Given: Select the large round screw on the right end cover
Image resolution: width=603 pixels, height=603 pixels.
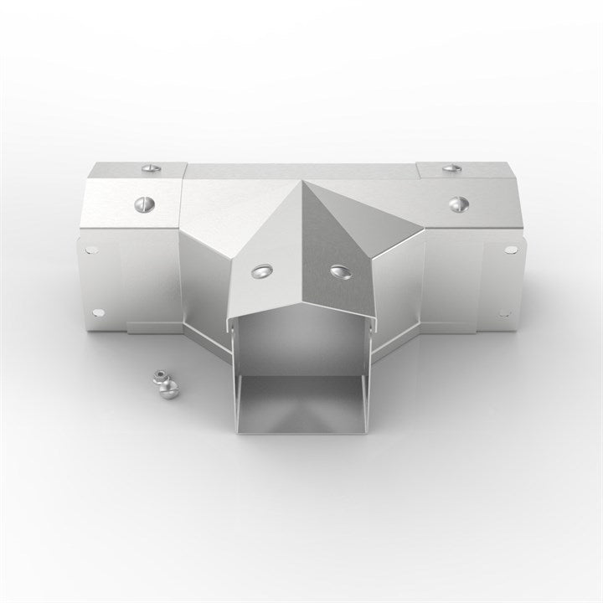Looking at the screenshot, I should [459, 203].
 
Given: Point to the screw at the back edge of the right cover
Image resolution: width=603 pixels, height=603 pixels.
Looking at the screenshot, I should [451, 167].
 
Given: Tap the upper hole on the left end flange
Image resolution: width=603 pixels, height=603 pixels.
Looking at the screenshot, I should [90, 250].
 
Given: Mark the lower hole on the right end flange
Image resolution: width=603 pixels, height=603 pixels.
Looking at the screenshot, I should [503, 312].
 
